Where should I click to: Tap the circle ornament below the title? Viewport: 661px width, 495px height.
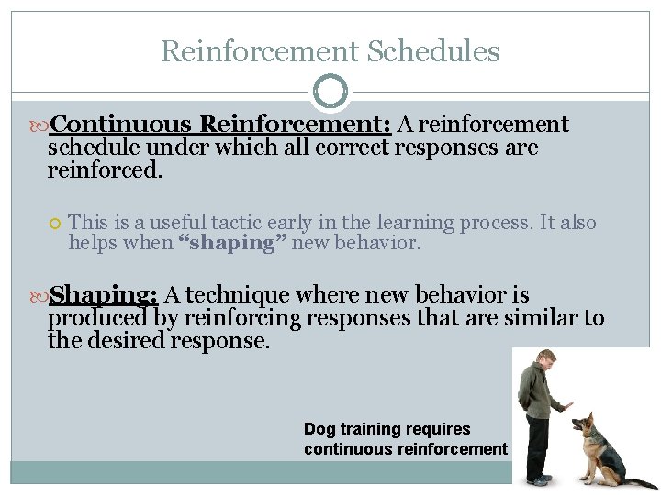(330, 92)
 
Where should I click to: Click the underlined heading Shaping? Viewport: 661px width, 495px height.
(104, 295)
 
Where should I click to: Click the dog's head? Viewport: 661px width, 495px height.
(586, 423)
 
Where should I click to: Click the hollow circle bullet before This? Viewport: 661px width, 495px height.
(55, 224)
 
